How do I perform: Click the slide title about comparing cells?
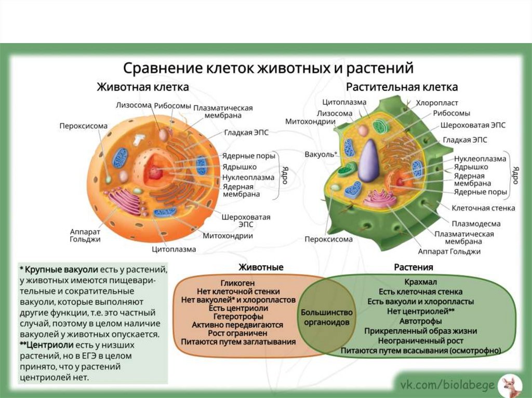(x=268, y=68)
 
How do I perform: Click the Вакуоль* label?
(x=321, y=154)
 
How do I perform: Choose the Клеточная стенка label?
(x=483, y=208)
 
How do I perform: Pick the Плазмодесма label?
(x=475, y=224)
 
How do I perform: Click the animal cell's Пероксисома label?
(x=83, y=126)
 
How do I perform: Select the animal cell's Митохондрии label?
(x=228, y=236)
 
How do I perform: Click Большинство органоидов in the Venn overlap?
(x=326, y=318)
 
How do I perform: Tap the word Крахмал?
(x=420, y=283)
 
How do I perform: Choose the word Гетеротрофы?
(x=238, y=317)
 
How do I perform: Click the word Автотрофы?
(x=420, y=321)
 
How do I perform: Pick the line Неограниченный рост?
(x=420, y=341)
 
